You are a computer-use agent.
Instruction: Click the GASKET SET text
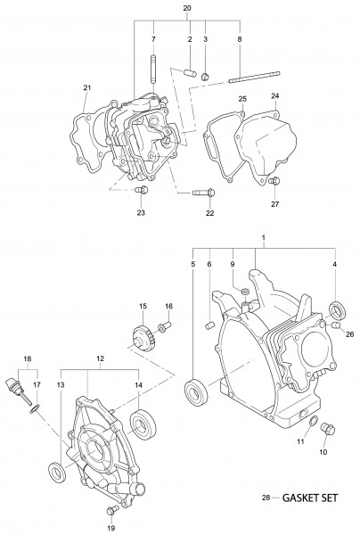(310, 498)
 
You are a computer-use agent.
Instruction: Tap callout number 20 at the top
(187, 8)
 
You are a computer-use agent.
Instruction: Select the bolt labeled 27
(274, 180)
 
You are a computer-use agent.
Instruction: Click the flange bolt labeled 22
(203, 193)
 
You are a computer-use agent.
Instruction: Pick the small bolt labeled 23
(141, 189)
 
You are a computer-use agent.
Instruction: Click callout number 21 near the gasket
(87, 87)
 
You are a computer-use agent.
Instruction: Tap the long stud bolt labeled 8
(255, 77)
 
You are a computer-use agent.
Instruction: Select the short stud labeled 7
(153, 69)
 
